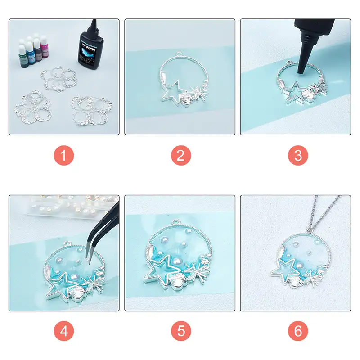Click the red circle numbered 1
(x=64, y=155)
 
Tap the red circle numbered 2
(x=181, y=155)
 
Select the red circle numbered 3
(x=298, y=155)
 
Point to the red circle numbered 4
(x=64, y=331)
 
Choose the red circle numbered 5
(x=181, y=331)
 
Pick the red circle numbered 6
(x=298, y=331)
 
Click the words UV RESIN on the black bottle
(x=89, y=48)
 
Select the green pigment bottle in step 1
(x=23, y=56)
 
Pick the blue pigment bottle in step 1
(x=30, y=53)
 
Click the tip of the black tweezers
(x=87, y=261)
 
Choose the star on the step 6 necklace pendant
(x=283, y=269)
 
